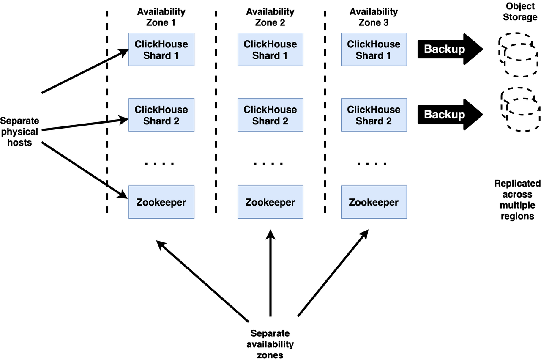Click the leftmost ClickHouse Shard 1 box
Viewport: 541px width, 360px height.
[161, 49]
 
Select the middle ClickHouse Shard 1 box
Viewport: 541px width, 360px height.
[270, 49]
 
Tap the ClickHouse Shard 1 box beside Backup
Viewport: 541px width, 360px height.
[374, 49]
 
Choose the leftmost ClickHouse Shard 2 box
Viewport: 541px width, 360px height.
[161, 115]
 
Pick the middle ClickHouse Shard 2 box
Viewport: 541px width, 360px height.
[270, 115]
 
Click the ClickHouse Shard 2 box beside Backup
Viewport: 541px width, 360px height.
[374, 115]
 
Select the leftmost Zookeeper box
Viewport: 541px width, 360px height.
[161, 202]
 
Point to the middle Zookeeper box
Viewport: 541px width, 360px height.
[270, 202]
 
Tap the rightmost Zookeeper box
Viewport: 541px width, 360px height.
[374, 202]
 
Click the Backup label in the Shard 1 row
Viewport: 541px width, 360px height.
[444, 49]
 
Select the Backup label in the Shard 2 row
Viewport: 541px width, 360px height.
[444, 115]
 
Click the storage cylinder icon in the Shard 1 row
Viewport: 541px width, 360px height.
[519, 55]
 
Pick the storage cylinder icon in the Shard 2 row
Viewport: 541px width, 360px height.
[520, 109]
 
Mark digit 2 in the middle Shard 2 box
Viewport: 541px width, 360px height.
[285, 121]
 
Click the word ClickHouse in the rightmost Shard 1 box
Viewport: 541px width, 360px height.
[374, 44]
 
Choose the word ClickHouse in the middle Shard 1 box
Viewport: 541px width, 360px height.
[270, 44]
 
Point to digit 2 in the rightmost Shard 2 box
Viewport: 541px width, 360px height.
[388, 121]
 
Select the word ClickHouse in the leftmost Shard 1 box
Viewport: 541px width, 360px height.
[161, 44]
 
